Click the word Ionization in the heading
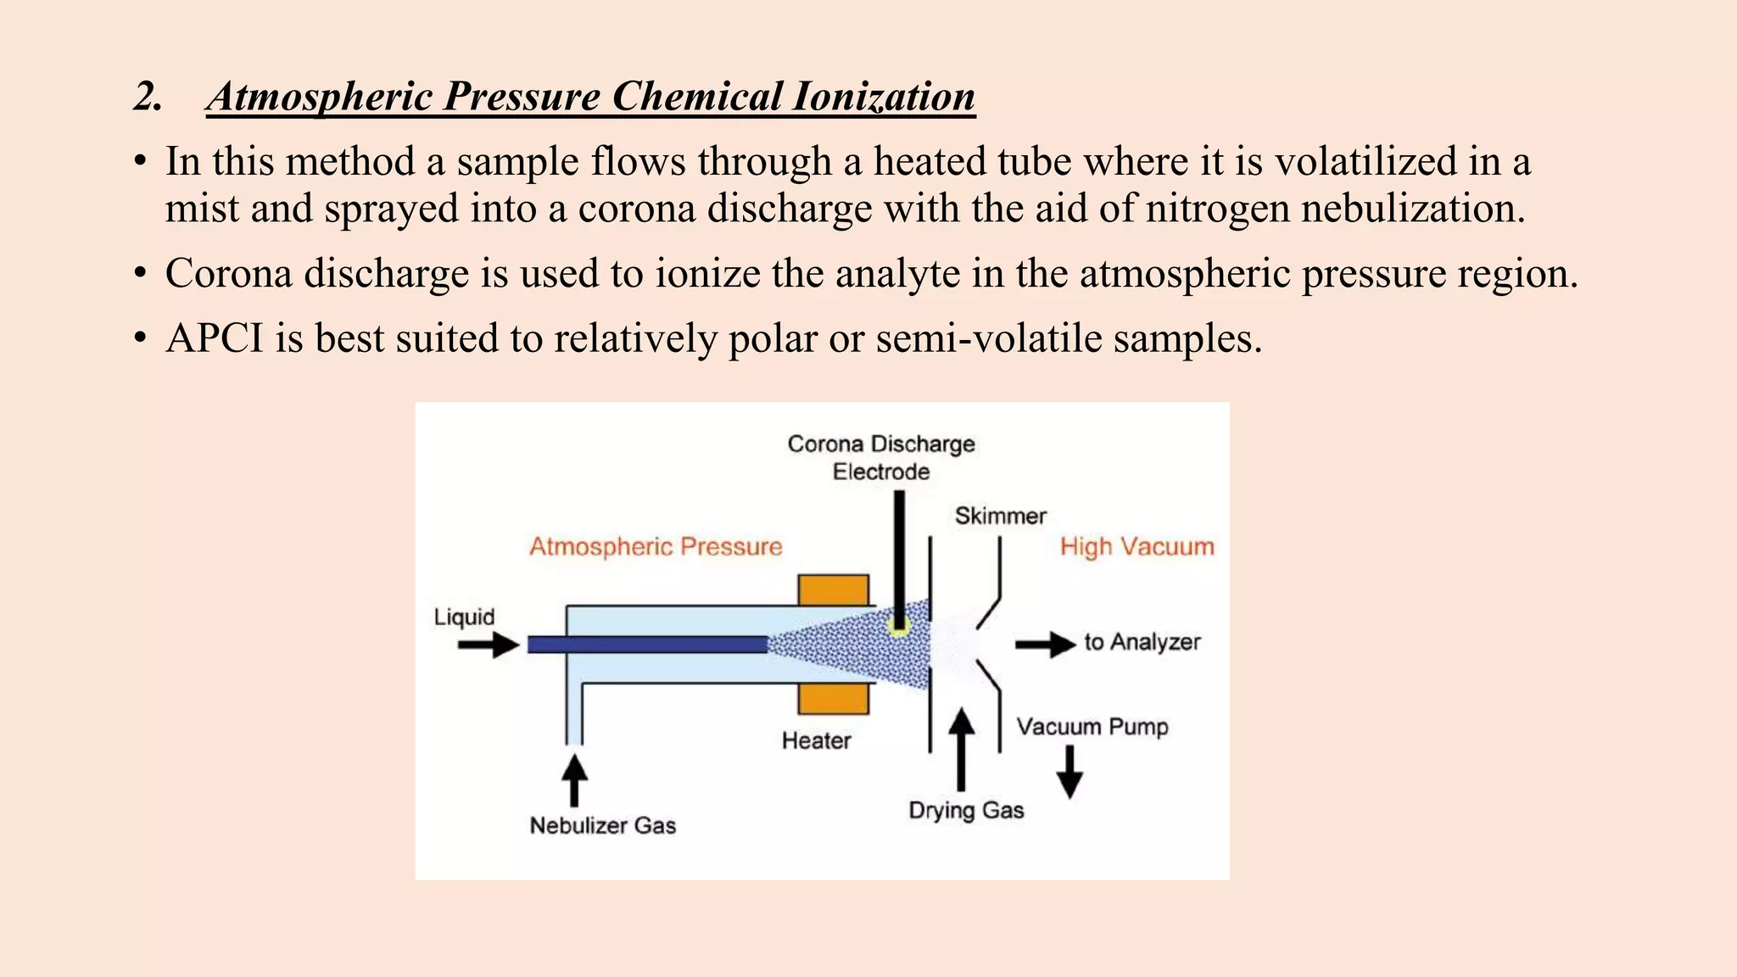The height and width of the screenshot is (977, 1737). click(x=883, y=97)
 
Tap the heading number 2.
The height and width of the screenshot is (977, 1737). click(x=148, y=97)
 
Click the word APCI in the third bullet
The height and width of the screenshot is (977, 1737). click(x=215, y=338)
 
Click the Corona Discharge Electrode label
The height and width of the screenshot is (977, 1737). click(x=881, y=457)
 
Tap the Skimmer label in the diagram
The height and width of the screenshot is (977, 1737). click(x=1000, y=516)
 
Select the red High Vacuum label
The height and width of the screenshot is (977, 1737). click(x=1137, y=547)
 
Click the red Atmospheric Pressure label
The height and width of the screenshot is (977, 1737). click(x=656, y=547)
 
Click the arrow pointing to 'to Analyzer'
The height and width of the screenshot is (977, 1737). click(x=1045, y=645)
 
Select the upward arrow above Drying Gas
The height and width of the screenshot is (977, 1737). click(x=961, y=748)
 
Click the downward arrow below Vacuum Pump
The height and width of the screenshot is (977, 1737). click(x=1070, y=772)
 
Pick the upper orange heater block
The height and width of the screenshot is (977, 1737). click(x=833, y=590)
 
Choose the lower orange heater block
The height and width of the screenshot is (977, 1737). click(x=833, y=699)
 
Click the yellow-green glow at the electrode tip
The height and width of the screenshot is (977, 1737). click(x=898, y=627)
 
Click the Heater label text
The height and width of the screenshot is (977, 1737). click(x=816, y=741)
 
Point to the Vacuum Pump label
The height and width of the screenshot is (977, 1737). click(x=1092, y=727)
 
